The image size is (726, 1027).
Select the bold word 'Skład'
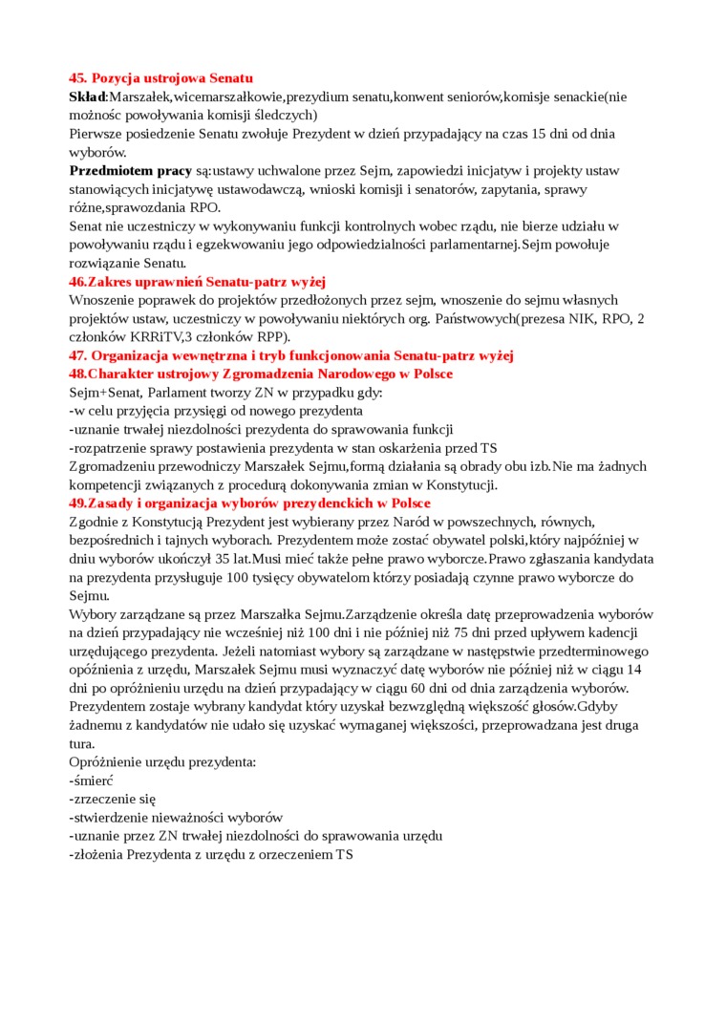coord(87,96)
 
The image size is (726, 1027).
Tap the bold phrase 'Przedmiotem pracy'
coord(131,171)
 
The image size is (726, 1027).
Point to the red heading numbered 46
coord(198,282)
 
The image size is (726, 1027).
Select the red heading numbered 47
coord(290,355)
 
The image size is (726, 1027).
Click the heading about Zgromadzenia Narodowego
coord(261,374)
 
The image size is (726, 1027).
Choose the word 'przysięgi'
coord(209,411)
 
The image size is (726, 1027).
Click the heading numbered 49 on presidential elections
coord(249,503)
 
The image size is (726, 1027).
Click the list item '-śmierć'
coord(92,781)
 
